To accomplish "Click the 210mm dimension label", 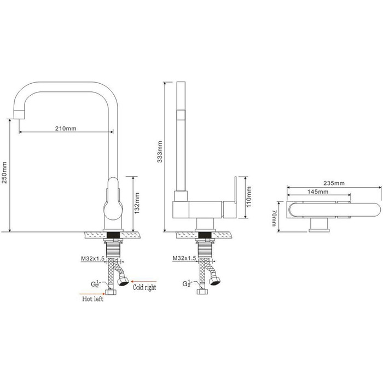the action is pyautogui.click(x=66, y=128).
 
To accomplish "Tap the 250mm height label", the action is pyautogui.click(x=5, y=172).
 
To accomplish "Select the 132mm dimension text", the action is pyautogui.click(x=137, y=203).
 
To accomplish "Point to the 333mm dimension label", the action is pyautogui.click(x=160, y=152).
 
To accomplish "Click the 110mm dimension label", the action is pyautogui.click(x=248, y=197).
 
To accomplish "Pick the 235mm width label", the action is pyautogui.click(x=334, y=183).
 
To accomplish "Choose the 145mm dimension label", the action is pyautogui.click(x=318, y=191).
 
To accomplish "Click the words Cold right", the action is pyautogui.click(x=144, y=287).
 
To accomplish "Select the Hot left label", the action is pyautogui.click(x=93, y=299).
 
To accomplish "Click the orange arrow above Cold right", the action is pyautogui.click(x=143, y=281).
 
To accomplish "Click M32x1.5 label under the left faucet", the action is pyautogui.click(x=93, y=258).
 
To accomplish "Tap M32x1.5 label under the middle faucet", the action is pyautogui.click(x=184, y=258).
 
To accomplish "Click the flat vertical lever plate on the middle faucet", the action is pyautogui.click(x=235, y=189).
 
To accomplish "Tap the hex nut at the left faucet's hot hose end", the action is pyautogui.click(x=111, y=292).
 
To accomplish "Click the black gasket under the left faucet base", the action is pyautogui.click(x=114, y=235).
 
